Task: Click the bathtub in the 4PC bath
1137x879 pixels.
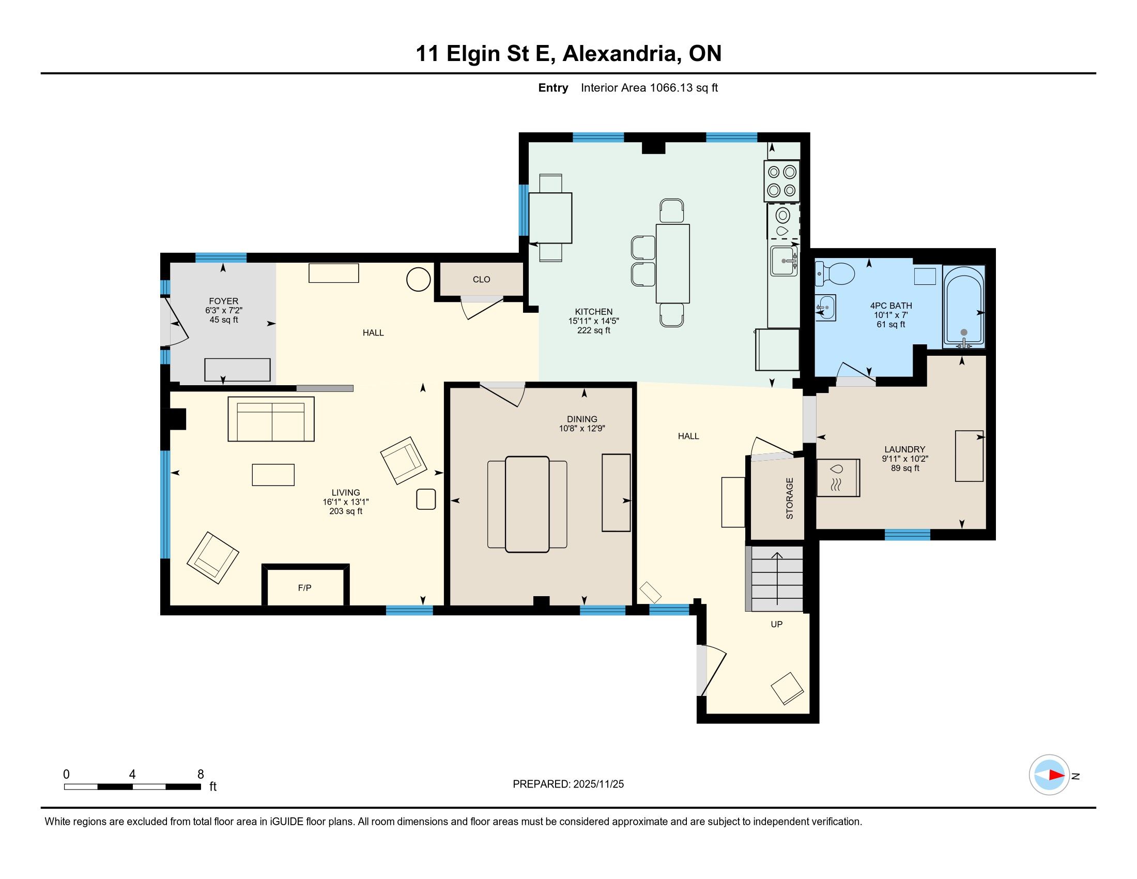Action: pyautogui.click(x=964, y=307)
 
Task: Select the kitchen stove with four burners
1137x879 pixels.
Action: pyautogui.click(x=782, y=180)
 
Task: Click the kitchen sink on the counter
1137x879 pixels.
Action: pyautogui.click(x=784, y=261)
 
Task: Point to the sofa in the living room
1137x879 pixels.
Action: pyautogui.click(x=271, y=419)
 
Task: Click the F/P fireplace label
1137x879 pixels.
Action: pyautogui.click(x=304, y=588)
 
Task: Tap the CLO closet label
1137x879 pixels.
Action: pyautogui.click(x=482, y=280)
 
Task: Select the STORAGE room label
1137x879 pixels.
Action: pyautogui.click(x=790, y=498)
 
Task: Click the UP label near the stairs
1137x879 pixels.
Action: pyautogui.click(x=777, y=625)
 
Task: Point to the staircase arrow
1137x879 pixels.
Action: pyautogui.click(x=777, y=578)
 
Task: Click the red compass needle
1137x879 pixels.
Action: pyautogui.click(x=1057, y=775)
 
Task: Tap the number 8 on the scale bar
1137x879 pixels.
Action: pyautogui.click(x=201, y=775)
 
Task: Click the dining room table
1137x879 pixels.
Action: pyautogui.click(x=527, y=504)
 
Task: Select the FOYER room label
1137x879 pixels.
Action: pyautogui.click(x=223, y=301)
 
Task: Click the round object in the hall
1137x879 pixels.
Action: pyautogui.click(x=418, y=279)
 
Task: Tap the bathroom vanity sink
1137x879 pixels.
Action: pyautogui.click(x=825, y=308)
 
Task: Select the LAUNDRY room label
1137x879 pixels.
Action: pyautogui.click(x=905, y=449)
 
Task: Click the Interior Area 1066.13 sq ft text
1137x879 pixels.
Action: pyautogui.click(x=649, y=88)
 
